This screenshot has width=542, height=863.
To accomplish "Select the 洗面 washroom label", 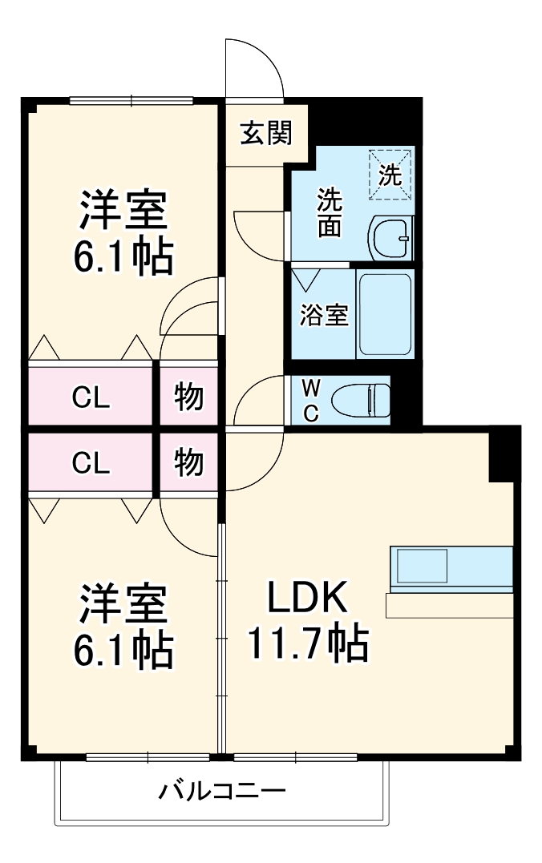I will point(329,212).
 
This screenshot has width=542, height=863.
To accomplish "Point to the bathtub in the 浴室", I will point(385,313).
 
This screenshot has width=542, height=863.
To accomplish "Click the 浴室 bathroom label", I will point(324,315).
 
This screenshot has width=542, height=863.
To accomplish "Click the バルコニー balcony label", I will point(221,792).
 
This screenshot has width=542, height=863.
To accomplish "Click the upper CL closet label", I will point(91,397).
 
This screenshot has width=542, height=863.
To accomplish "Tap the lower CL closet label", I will point(91,463).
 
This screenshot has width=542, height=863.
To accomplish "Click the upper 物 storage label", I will point(188,397).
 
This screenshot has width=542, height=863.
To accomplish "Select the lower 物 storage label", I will point(188,462).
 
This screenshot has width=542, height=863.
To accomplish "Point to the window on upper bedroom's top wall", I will point(131,100).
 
